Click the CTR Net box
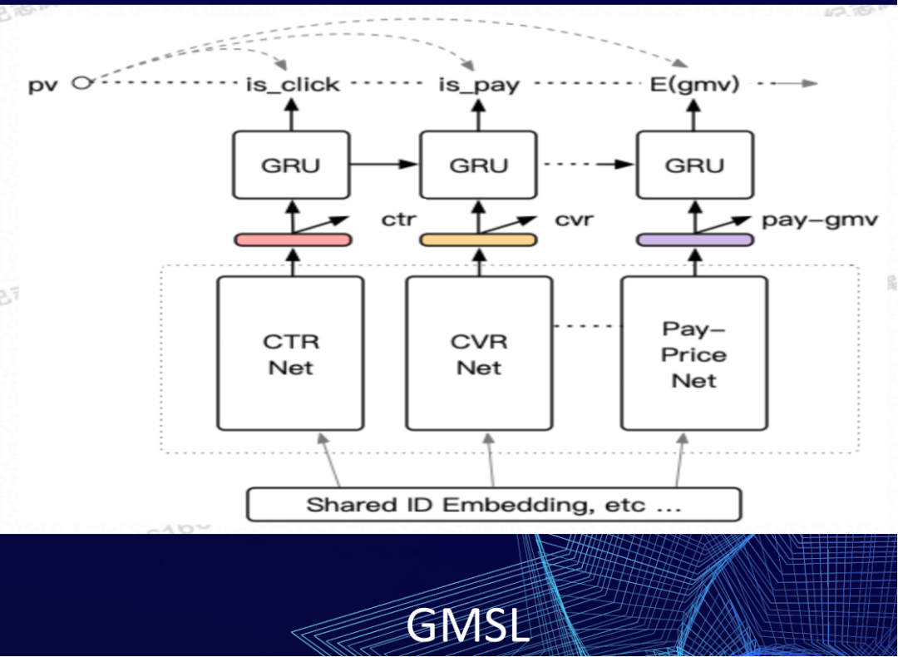pos(290,353)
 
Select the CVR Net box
pos(479,353)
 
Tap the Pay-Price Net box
pos(694,353)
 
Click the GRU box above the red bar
pos(290,165)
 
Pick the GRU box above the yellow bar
pos(478,165)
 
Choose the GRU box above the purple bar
pos(694,165)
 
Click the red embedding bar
pos(292,240)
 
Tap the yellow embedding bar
pos(478,240)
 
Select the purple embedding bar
pos(695,240)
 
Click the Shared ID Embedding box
pos(494,504)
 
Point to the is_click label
pos(292,84)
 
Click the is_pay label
pos(479,84)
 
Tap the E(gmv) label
pos(694,84)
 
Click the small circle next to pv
pos(81,82)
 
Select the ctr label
pos(398,220)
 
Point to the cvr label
pos(574,220)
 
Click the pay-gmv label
pos(819,220)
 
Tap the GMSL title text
pos(467,625)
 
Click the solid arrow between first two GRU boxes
pos(382,165)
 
